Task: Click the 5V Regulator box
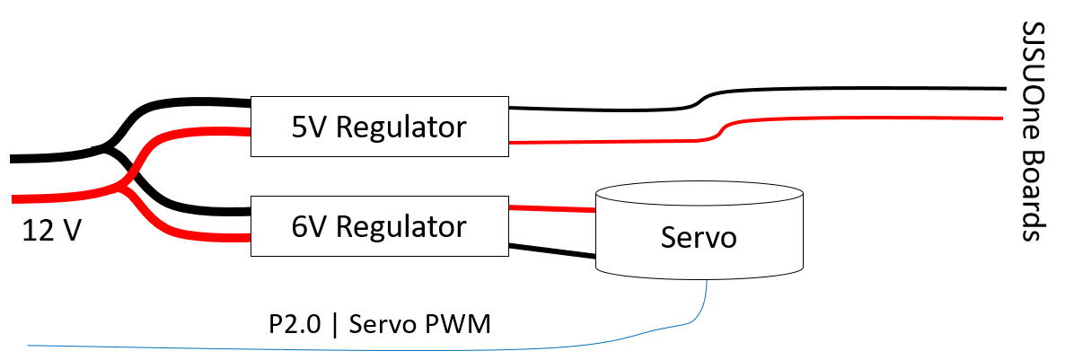pos(380,127)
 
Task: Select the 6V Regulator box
pos(380,226)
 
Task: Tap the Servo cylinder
pos(699,231)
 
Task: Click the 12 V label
pos(52,231)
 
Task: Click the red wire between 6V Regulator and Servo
pos(552,208)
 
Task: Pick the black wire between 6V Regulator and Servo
pos(552,250)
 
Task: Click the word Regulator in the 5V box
pos(401,127)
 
